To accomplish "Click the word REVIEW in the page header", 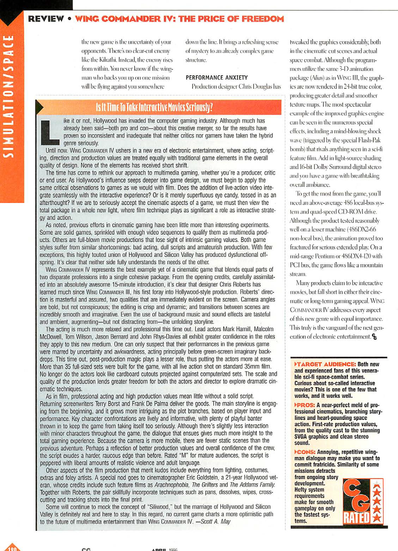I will coord(46,19).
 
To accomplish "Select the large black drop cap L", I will coord(50,132).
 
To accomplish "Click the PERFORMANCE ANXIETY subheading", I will coord(216,78).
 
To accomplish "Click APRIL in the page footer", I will coord(159,549).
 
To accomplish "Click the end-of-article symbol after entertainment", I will coord(374,337).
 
